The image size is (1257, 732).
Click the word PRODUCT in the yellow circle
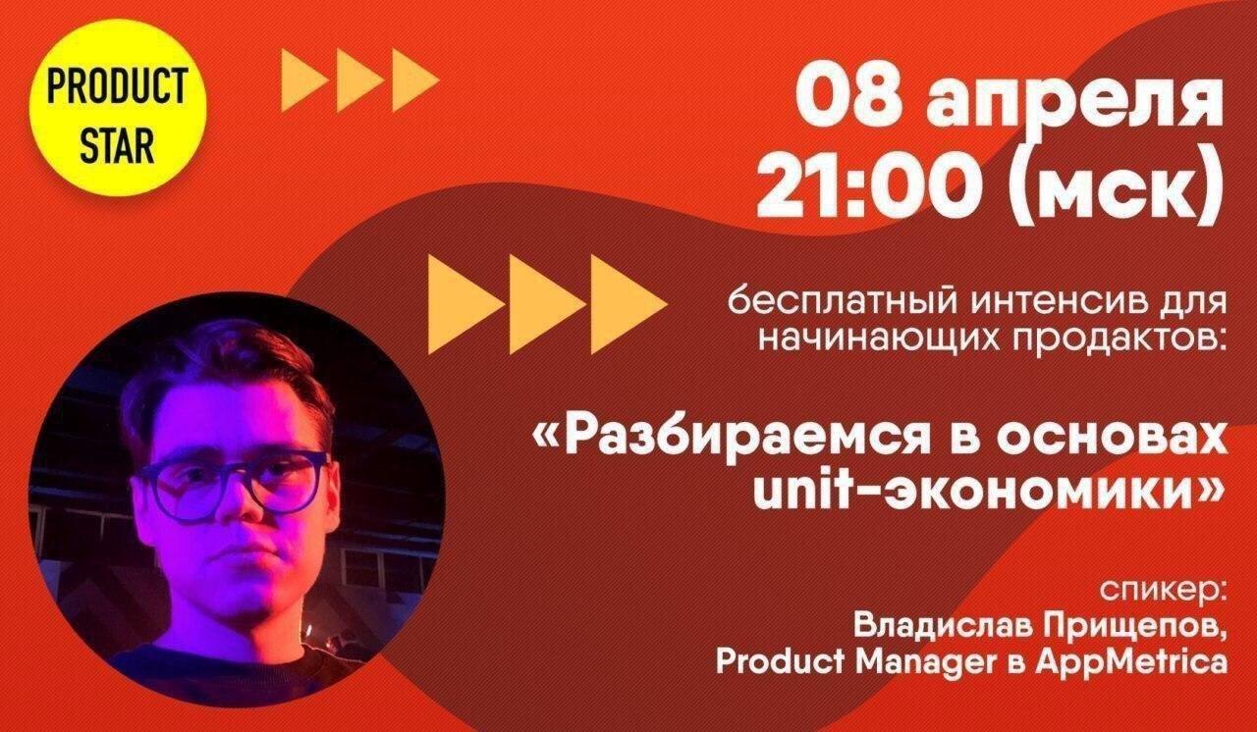coord(117,85)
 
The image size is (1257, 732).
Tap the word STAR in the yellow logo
coord(117,145)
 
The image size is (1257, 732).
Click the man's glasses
coord(233,479)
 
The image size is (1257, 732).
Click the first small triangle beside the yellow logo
coord(304,79)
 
